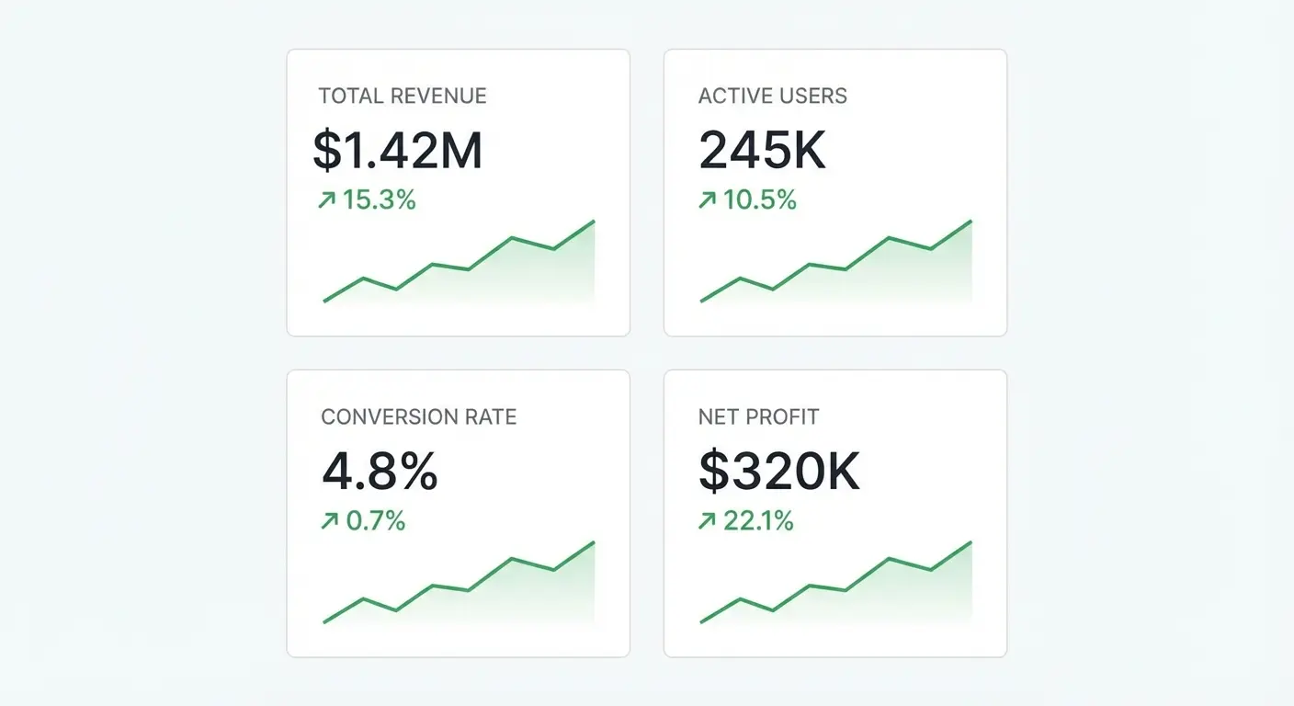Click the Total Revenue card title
click(402, 96)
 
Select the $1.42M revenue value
click(397, 151)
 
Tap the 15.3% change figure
click(379, 199)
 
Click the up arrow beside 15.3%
click(326, 199)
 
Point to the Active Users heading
click(772, 96)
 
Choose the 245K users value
click(762, 151)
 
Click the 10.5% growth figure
click(759, 199)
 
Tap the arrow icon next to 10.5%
click(707, 199)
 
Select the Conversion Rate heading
click(418, 416)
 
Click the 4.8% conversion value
click(380, 472)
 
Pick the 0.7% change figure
click(375, 521)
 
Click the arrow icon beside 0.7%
click(329, 521)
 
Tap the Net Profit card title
click(758, 416)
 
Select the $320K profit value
click(778, 472)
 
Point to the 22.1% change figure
click(758, 521)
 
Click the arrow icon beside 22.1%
click(707, 521)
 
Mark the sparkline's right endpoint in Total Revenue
click(594, 222)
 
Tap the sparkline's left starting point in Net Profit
click(702, 622)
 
